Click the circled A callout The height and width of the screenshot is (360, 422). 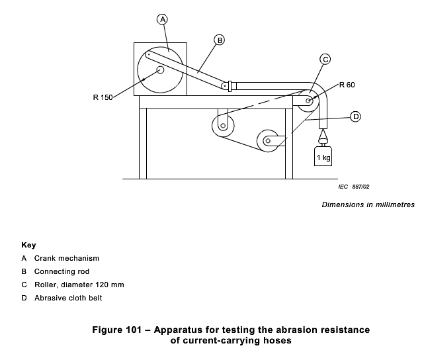coord(163,20)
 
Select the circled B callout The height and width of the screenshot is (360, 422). coord(220,40)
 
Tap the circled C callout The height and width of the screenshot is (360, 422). coord(325,59)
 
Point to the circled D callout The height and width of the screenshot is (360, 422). coord(355,116)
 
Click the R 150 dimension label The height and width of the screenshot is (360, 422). coord(103,97)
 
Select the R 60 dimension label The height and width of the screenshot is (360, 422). coord(347,85)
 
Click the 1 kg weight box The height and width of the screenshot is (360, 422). coord(323,157)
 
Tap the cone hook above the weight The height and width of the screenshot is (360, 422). coord(323,137)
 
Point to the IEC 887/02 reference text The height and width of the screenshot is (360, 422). coord(353,187)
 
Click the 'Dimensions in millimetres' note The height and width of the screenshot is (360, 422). coord(368,204)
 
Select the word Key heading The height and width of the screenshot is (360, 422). coord(28,244)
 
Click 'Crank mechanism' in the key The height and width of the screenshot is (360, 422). coord(66,258)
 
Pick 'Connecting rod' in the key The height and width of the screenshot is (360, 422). coord(62,271)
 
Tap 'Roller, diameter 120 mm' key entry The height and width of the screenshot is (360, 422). coord(79,285)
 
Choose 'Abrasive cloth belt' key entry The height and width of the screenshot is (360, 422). coord(68,298)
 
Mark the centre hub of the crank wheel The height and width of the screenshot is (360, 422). coord(161,69)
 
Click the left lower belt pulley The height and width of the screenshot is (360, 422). coord(223,124)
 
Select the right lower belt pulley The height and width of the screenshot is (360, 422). coord(269,140)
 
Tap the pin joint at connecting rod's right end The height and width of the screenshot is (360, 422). coord(225,85)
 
